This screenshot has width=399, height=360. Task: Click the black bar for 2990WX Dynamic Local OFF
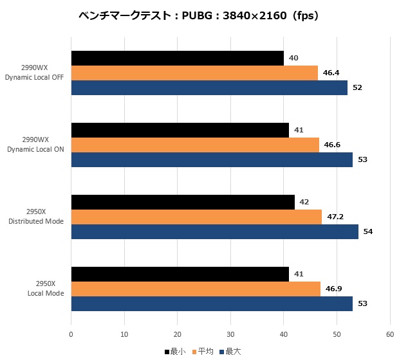point(178,59)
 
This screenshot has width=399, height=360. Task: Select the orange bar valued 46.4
point(194,73)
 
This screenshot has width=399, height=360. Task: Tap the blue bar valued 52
point(209,87)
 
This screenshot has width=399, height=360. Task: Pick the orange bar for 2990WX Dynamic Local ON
point(195,145)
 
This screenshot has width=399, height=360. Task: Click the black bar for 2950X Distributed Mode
point(183,203)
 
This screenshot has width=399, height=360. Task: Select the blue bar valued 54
point(215,231)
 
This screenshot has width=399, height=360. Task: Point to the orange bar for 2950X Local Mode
point(196,289)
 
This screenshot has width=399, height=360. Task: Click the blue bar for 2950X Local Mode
point(212,303)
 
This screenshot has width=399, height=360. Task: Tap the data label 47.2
point(335,217)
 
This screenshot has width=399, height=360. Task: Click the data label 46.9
point(333,289)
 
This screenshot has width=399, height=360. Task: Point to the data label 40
point(293,58)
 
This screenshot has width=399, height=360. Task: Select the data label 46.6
point(332,145)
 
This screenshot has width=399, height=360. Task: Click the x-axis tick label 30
point(230,334)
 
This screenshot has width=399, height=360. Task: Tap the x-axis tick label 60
point(390,334)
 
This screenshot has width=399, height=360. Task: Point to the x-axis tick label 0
point(71,334)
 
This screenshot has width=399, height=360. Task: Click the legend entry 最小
point(175,352)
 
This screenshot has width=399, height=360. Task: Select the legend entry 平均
point(203,352)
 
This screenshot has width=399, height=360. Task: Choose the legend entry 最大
point(230,352)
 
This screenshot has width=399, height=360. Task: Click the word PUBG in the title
point(197,16)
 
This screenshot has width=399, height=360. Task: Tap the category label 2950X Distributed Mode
point(36,217)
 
